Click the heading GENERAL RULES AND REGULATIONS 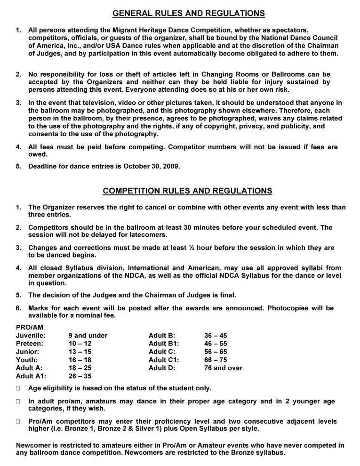(x=189, y=13)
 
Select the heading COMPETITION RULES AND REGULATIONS (x=187, y=191)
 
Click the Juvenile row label (x=31, y=336)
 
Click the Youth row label (x=26, y=360)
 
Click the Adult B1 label (x=164, y=344)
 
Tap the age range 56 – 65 (x=216, y=352)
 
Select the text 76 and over (x=223, y=368)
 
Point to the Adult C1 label (x=164, y=360)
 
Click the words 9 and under (x=88, y=336)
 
